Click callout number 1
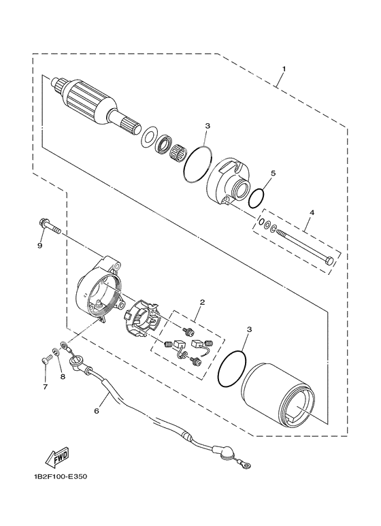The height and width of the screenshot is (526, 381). (284, 69)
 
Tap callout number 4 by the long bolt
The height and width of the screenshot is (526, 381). (312, 213)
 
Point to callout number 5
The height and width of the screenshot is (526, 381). (272, 174)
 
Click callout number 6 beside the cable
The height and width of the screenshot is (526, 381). (96, 411)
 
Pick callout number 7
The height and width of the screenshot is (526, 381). (46, 387)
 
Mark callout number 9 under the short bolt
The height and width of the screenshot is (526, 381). (39, 246)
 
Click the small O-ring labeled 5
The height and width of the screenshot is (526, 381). (256, 198)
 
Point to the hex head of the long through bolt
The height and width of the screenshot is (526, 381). (330, 260)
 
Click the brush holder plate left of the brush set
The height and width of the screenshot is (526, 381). (142, 318)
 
